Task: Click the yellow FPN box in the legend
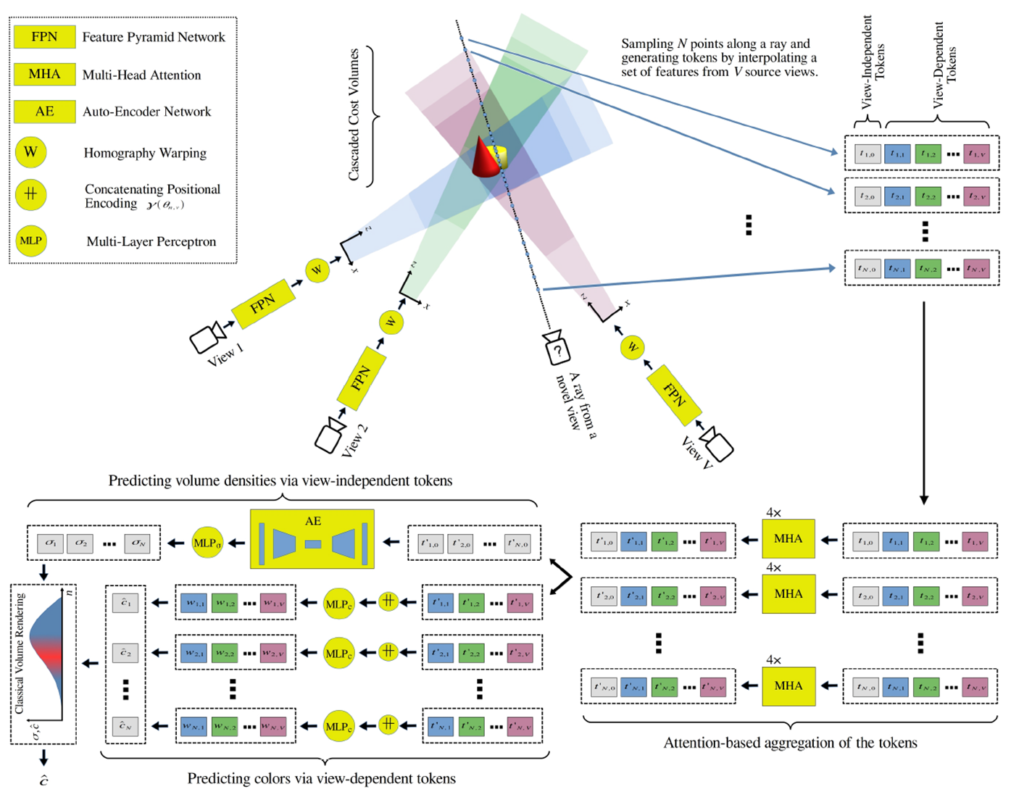(x=44, y=37)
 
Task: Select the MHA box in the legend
(x=44, y=74)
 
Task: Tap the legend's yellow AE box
(x=44, y=112)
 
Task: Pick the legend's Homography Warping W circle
(x=30, y=152)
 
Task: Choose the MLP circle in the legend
(x=30, y=241)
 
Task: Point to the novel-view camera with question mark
(x=557, y=349)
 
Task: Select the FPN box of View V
(x=674, y=395)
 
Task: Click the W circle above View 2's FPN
(x=391, y=322)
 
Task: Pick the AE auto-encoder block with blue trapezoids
(x=312, y=539)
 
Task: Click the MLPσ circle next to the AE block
(x=207, y=543)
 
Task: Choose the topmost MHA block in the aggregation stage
(x=788, y=539)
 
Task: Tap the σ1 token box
(x=50, y=543)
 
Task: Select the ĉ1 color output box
(x=125, y=603)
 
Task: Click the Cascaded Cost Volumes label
(x=354, y=114)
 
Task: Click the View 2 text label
(x=354, y=440)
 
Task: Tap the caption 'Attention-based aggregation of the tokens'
(x=790, y=743)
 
